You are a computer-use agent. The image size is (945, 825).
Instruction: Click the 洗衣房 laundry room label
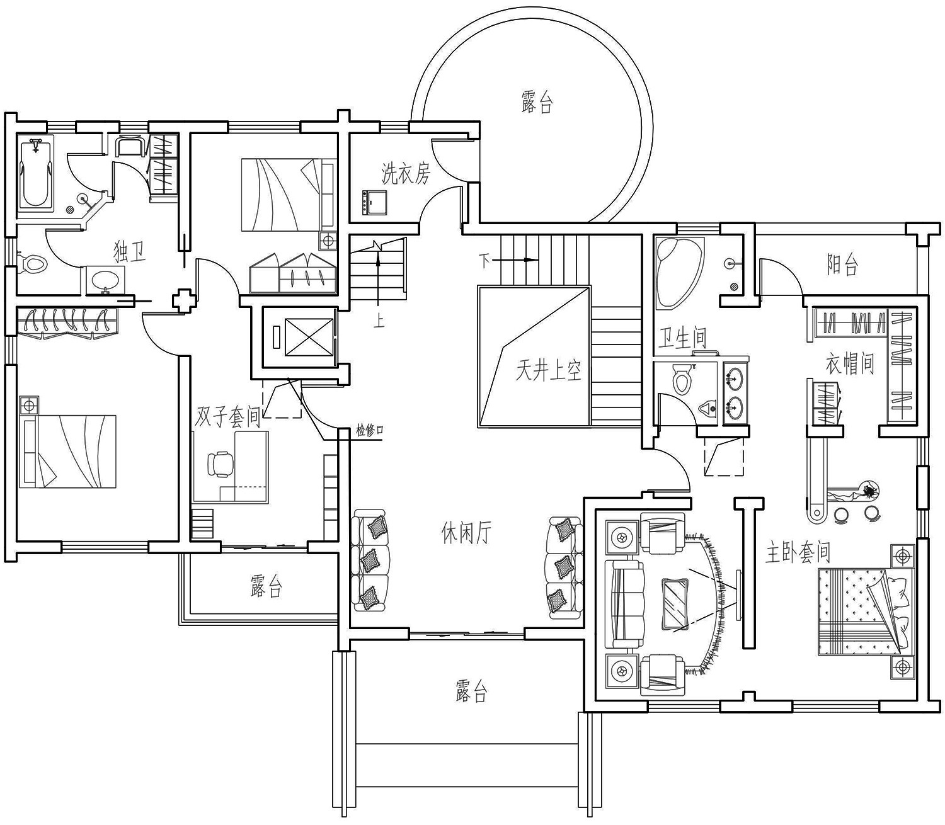406,174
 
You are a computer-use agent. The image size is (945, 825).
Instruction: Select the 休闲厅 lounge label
466,533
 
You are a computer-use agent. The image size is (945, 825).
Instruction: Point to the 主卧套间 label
798,552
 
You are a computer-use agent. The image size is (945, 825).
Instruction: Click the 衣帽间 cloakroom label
850,364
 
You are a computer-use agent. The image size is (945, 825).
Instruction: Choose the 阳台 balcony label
842,265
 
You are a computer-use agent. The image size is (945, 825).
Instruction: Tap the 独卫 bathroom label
130,252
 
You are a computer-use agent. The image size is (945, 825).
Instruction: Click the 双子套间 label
227,417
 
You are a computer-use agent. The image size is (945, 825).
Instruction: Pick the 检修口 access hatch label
370,431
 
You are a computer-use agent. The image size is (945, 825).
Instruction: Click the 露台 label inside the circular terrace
537,102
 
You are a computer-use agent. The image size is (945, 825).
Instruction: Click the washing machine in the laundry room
373,202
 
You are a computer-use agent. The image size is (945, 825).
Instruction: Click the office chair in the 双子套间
219,463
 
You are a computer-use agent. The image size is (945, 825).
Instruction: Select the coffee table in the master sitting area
675,605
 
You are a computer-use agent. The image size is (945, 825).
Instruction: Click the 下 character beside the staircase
484,261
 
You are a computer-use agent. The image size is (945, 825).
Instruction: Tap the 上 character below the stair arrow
379,321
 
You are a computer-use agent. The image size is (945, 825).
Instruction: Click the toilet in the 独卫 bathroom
32,263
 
